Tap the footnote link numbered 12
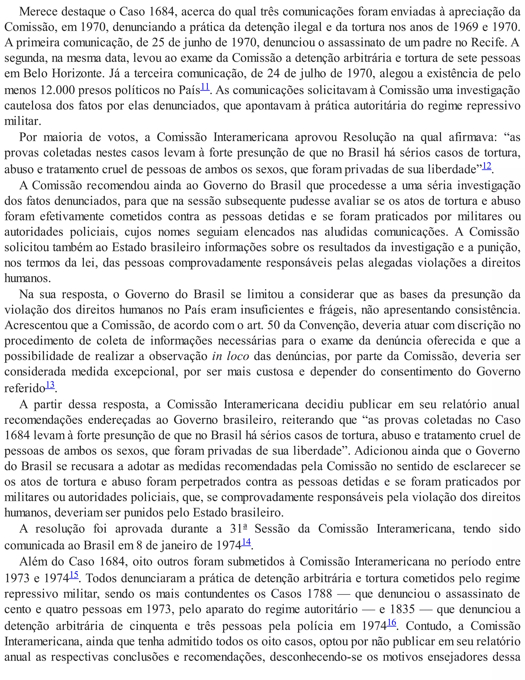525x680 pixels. pyautogui.click(x=487, y=166)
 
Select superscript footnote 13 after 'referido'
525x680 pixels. pyautogui.click(x=50, y=385)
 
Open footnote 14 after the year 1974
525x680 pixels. pyautogui.click(x=246, y=542)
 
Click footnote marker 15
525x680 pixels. pyautogui.click(x=74, y=575)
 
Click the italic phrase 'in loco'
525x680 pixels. pyautogui.click(x=230, y=356)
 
